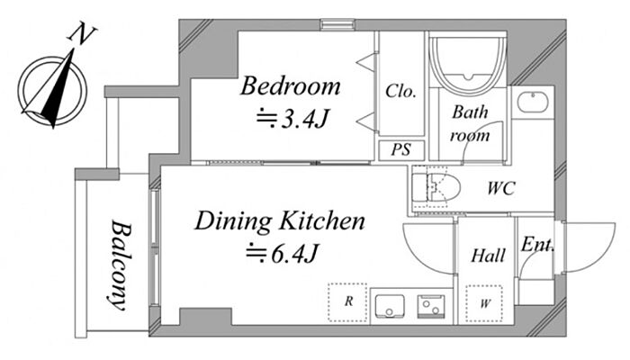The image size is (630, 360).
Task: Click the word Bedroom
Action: [290, 86]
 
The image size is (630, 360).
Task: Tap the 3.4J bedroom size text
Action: [292, 120]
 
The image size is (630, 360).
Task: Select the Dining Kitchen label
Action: [280, 221]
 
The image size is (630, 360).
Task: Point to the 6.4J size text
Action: [282, 254]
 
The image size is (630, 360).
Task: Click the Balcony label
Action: [120, 265]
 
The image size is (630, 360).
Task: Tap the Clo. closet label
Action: [400, 91]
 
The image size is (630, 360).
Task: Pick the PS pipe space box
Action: [401, 150]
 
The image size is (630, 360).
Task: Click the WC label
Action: [501, 188]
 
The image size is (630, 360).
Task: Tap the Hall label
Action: [488, 256]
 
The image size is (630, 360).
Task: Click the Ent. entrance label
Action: [537, 244]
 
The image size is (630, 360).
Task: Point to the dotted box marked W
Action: [484, 303]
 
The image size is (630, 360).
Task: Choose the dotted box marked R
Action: [347, 302]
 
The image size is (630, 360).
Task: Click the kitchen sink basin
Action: [390, 306]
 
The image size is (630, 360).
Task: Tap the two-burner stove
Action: [431, 306]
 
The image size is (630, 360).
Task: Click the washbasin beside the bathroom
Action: [533, 103]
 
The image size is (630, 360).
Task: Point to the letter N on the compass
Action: [83, 35]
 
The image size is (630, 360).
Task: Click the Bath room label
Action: [470, 123]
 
